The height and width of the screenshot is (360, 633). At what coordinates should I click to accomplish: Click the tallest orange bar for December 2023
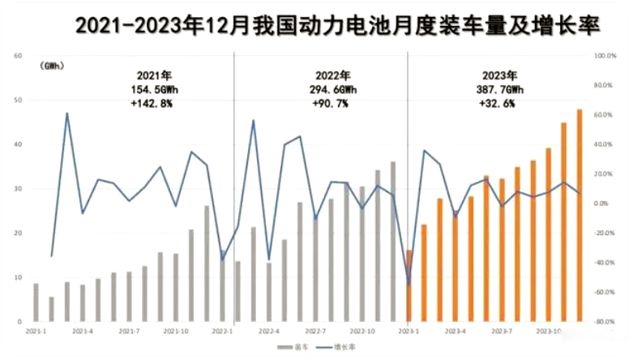click(x=580, y=215)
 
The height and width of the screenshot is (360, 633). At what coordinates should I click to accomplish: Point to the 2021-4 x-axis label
click(x=83, y=332)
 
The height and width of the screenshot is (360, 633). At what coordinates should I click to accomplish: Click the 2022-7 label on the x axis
click(x=316, y=332)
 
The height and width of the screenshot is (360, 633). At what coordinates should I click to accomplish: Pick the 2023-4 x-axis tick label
click(x=456, y=332)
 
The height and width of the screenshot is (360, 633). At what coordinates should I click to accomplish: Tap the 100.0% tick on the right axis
click(x=607, y=56)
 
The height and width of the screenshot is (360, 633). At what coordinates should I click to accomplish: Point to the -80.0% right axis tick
click(x=607, y=322)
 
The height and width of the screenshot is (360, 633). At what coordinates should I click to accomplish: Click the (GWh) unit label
click(x=51, y=65)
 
